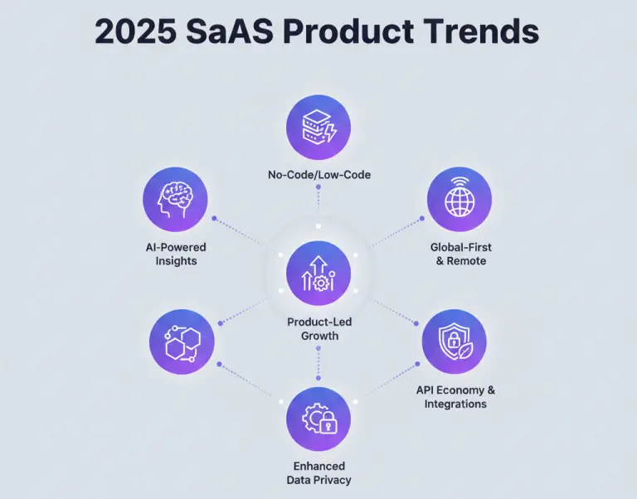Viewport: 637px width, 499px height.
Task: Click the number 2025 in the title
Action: coord(136,31)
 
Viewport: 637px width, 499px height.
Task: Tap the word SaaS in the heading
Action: coord(230,31)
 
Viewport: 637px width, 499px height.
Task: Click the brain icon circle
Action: coord(175,200)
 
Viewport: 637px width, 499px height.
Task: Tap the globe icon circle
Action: coord(460,200)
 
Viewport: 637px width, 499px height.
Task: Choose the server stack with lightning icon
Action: coord(318,128)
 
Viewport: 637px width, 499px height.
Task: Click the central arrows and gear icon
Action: coord(318,273)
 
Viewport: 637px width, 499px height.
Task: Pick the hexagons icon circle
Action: coord(182,342)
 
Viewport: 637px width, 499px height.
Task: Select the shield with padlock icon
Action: coord(455,342)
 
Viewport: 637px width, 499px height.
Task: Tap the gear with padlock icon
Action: coord(318,419)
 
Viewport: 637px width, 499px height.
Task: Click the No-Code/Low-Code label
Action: coord(319,175)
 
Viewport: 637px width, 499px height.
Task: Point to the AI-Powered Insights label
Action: coord(176,254)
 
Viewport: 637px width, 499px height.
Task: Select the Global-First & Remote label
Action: coord(461,254)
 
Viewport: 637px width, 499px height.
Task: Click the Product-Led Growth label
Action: coord(319,329)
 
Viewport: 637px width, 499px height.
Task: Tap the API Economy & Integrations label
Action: coord(455,397)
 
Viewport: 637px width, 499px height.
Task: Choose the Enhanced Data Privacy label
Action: coord(318,473)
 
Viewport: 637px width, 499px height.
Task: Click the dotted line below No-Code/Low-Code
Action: coord(318,206)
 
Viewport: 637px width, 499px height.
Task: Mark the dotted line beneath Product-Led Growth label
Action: coord(318,363)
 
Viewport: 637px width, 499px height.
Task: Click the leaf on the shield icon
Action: coord(464,350)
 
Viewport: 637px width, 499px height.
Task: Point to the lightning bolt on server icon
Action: coord(332,132)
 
